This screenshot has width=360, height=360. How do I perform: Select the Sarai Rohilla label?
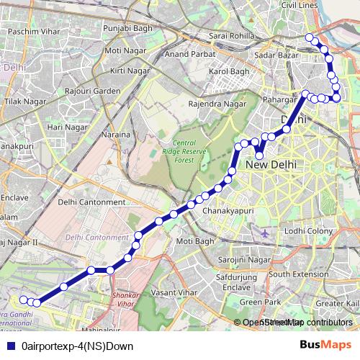pyautogui.click(x=228, y=35)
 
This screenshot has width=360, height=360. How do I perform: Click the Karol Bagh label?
pyautogui.click(x=228, y=72)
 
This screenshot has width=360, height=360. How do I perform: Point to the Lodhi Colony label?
pyautogui.click(x=308, y=231)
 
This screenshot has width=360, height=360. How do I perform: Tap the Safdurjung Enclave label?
pyautogui.click(x=237, y=282)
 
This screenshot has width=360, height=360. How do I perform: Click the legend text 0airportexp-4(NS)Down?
pyautogui.click(x=73, y=345)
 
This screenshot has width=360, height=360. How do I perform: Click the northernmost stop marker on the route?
pyautogui.click(x=310, y=37)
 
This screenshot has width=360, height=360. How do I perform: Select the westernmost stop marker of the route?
pyautogui.click(x=23, y=300)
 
